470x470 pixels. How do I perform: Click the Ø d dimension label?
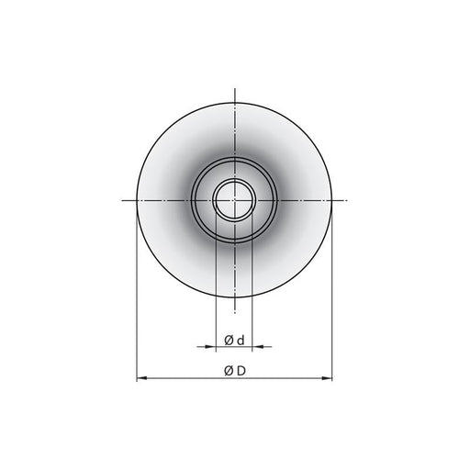[x=234, y=340]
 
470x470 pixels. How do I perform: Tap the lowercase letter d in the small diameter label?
[x=241, y=340]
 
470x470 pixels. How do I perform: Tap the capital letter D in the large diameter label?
[x=241, y=371]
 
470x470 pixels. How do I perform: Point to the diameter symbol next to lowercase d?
[x=229, y=341]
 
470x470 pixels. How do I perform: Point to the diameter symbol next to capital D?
[x=229, y=371]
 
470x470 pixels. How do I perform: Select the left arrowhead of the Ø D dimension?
[x=140, y=378]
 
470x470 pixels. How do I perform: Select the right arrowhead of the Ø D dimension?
[x=328, y=378]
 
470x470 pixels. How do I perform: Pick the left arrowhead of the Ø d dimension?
[x=210, y=347]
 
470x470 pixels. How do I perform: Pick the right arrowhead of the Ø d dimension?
[x=258, y=347]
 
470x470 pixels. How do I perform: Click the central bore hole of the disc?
[x=235, y=200]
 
